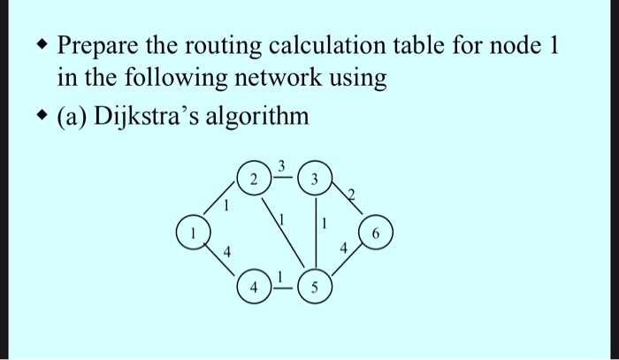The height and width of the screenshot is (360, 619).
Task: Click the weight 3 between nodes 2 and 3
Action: tap(281, 167)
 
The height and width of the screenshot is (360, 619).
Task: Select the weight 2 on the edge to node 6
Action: tap(351, 195)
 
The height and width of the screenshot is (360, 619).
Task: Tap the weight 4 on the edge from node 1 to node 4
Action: tap(227, 251)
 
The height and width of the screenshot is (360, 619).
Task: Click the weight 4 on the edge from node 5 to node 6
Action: tap(344, 249)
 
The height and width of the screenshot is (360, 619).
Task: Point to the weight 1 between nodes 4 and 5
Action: tap(280, 278)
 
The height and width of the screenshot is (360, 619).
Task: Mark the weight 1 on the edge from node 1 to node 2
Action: tap(226, 206)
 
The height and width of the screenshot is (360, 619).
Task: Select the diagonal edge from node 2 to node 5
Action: tap(284, 234)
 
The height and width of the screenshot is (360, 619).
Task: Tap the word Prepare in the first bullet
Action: tap(97, 47)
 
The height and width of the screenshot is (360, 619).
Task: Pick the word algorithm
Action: tap(256, 118)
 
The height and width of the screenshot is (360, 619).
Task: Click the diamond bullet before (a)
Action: tap(42, 116)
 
